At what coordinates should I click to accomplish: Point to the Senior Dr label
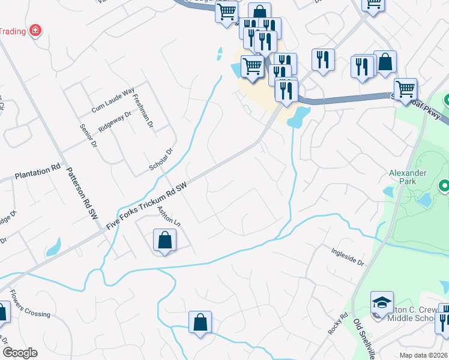[x=88, y=136]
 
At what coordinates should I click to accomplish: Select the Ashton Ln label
[x=169, y=216]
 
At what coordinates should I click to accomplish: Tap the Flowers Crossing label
[x=29, y=306]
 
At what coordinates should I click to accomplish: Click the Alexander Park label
[x=407, y=178]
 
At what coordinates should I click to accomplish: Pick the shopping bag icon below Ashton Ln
[x=164, y=241]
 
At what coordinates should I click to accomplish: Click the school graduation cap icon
[x=382, y=303]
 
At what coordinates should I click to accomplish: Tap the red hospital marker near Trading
[x=35, y=29]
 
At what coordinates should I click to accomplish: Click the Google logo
[x=20, y=353]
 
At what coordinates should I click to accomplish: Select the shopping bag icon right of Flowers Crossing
[x=200, y=322]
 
